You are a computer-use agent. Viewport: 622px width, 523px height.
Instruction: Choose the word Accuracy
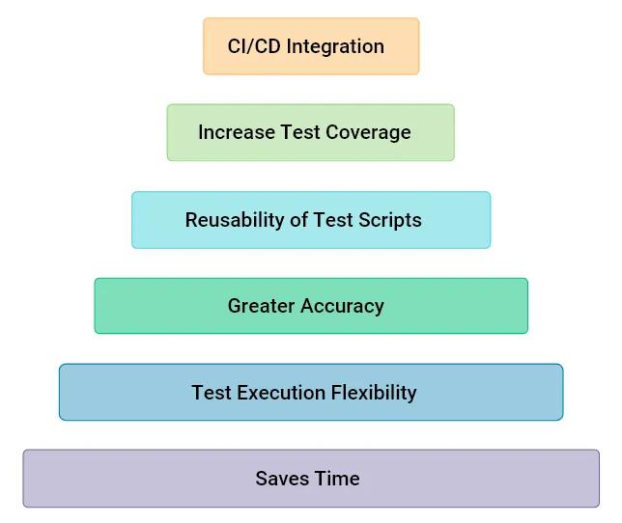tap(343, 306)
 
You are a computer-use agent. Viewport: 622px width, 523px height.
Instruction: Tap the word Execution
tap(277, 393)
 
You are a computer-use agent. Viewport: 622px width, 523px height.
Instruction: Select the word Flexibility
tap(375, 393)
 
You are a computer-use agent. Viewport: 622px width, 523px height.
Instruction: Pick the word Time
tap(336, 479)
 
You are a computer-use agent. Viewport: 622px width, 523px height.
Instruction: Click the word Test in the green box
tap(299, 132)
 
